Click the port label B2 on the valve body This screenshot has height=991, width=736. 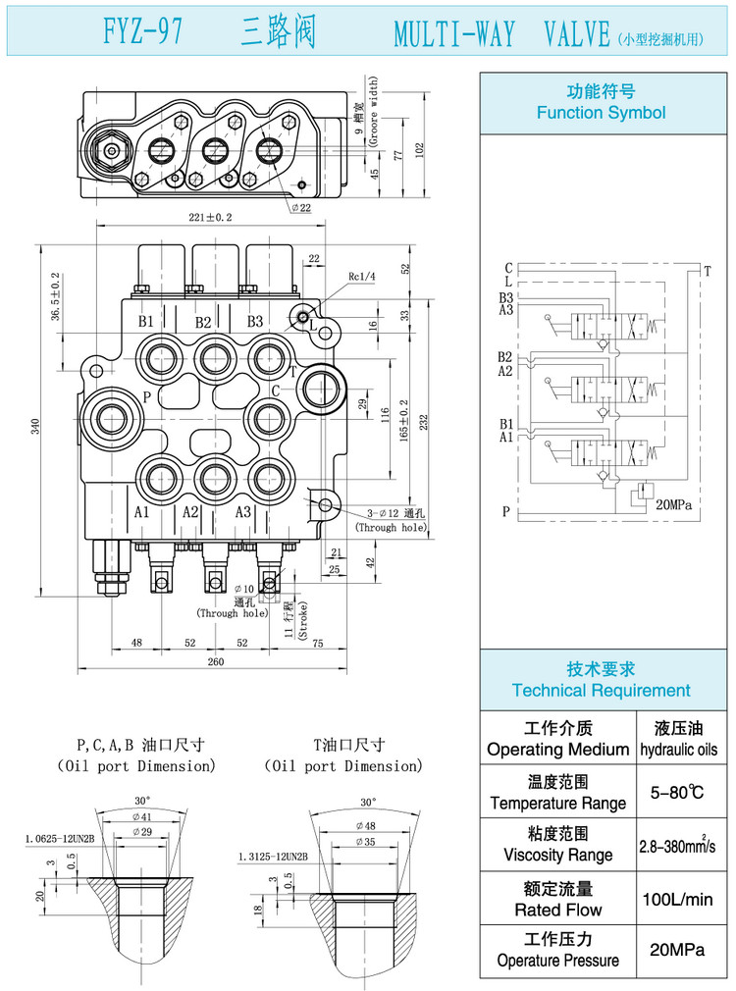pyautogui.click(x=202, y=322)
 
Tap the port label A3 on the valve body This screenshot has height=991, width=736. pyautogui.click(x=243, y=511)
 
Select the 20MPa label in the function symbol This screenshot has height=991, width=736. pyautogui.click(x=673, y=504)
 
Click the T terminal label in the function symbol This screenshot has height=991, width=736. pyautogui.click(x=707, y=269)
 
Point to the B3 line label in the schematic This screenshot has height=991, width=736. pyautogui.click(x=505, y=297)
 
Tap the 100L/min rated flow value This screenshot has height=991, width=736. pyautogui.click(x=677, y=899)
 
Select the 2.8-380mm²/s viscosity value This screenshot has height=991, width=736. pyautogui.click(x=677, y=845)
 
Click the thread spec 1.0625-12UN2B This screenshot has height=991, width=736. pyautogui.click(x=60, y=840)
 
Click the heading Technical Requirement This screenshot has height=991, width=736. pyautogui.click(x=601, y=691)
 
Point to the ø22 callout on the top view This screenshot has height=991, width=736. pyautogui.click(x=300, y=208)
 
